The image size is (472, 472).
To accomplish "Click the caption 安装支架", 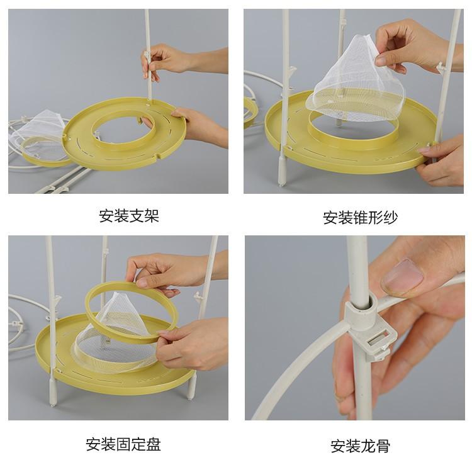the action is point(129,216).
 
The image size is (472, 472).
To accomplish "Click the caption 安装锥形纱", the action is point(361,217).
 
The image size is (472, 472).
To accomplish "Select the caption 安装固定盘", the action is point(123,444).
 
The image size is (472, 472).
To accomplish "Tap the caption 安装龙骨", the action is point(361,446).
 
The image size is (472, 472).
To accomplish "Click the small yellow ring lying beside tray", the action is point(45,152).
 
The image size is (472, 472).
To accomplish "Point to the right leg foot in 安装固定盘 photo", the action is point(191,388).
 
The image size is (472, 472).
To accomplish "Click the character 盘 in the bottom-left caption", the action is point(154,444).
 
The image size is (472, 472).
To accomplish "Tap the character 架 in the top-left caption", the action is point(152,216).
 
